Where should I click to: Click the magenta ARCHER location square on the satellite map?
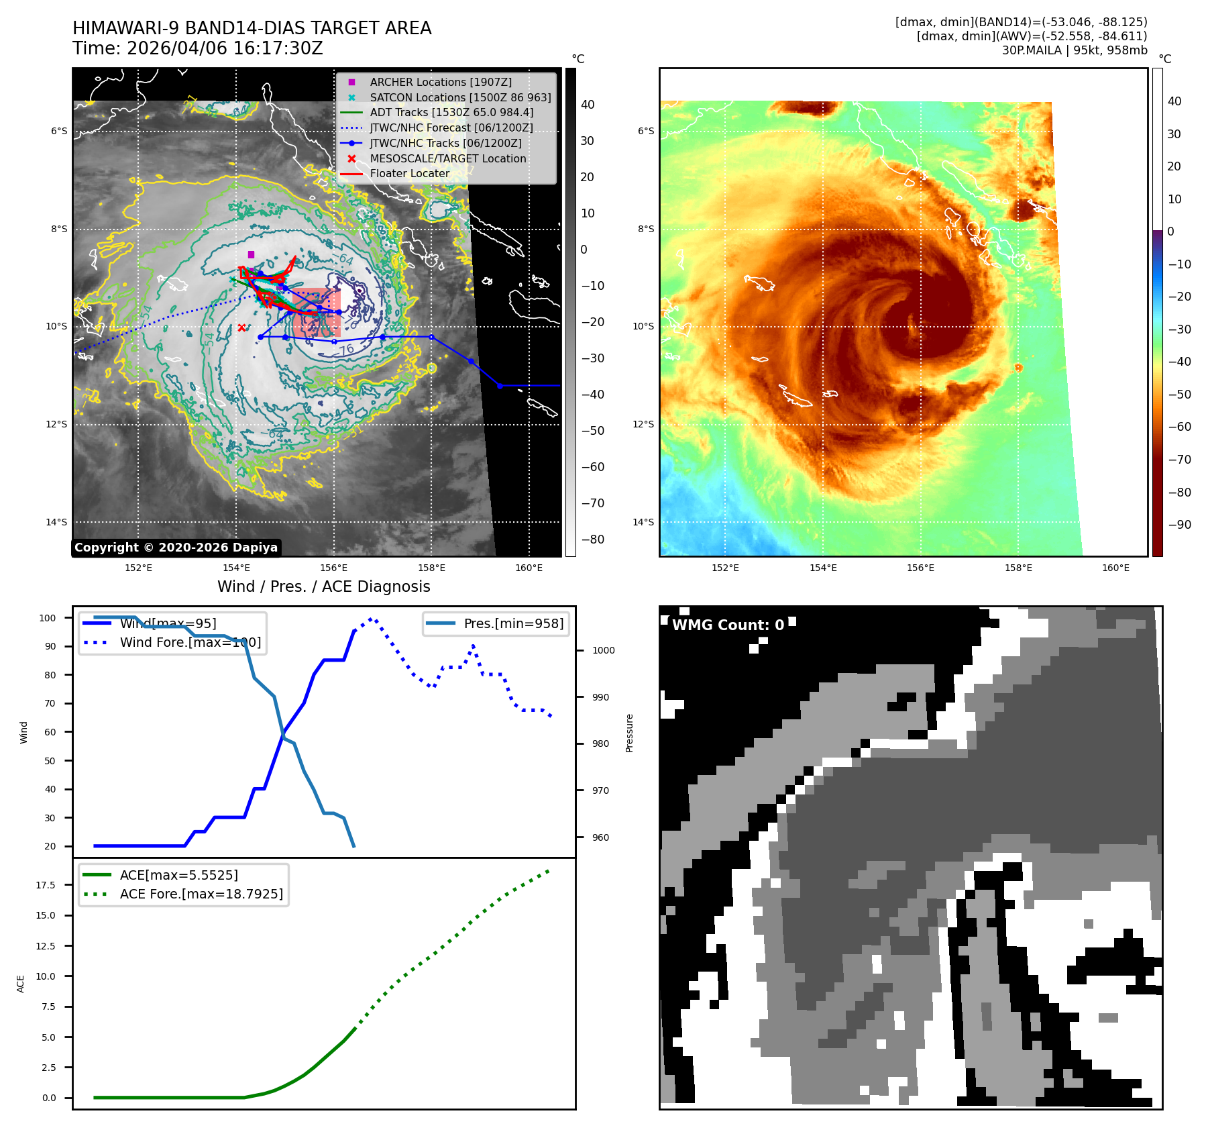pos(251,254)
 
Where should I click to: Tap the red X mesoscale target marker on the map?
pos(241,327)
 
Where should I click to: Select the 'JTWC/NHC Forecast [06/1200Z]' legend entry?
pos(451,127)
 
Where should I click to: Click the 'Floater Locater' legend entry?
pos(409,173)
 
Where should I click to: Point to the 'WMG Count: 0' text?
pos(728,625)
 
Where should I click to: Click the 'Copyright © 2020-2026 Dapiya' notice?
pos(176,548)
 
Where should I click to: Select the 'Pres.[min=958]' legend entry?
pos(513,623)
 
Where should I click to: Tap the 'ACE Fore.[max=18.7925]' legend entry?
pos(201,894)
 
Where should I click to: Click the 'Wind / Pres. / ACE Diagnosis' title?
pos(323,586)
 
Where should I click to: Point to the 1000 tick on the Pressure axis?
pos(603,650)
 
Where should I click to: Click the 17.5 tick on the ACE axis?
pos(46,885)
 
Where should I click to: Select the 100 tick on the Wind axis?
pos(48,618)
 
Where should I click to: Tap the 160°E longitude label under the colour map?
pos(1115,568)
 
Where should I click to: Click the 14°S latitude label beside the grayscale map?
pos(56,522)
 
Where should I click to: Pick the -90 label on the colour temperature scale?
pos(1179,525)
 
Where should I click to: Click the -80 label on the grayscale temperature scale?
pos(592,539)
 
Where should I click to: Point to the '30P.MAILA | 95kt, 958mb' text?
pos(1075,50)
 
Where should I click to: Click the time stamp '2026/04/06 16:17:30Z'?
pos(225,48)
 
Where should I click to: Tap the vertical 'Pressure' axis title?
pos(629,733)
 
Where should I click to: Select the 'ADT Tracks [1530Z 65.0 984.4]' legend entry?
pos(451,112)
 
